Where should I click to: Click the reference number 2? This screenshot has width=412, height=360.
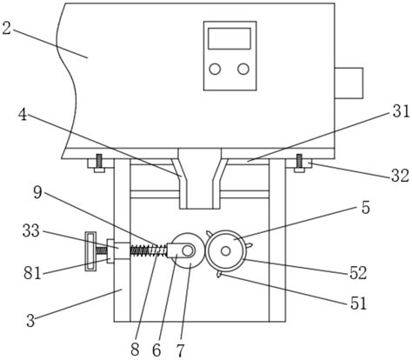(6, 28)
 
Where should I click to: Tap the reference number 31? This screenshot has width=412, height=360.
(402, 111)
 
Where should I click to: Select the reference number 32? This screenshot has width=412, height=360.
(401, 176)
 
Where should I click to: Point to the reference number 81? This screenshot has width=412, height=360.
(32, 273)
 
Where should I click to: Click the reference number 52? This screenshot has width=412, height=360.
(358, 272)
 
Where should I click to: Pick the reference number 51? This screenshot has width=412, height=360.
(359, 303)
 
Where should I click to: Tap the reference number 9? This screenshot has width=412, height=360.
(37, 193)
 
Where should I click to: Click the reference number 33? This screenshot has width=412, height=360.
(31, 231)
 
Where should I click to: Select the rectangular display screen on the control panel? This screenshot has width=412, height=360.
(229, 38)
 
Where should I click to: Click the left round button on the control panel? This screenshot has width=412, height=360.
(215, 69)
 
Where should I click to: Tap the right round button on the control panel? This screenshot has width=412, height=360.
(243, 69)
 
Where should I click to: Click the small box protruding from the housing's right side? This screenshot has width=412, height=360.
(349, 83)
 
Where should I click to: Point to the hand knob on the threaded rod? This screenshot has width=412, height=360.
(90, 251)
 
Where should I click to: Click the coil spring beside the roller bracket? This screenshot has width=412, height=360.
(148, 250)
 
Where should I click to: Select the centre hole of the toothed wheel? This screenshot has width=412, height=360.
(226, 251)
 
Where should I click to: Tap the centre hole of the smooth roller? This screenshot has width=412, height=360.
(188, 250)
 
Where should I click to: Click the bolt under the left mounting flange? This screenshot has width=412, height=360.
(99, 163)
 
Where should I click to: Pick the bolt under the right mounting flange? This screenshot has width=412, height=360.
(299, 163)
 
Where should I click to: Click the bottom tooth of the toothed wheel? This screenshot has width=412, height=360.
(219, 274)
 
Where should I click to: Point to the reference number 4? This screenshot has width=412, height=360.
(23, 115)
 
